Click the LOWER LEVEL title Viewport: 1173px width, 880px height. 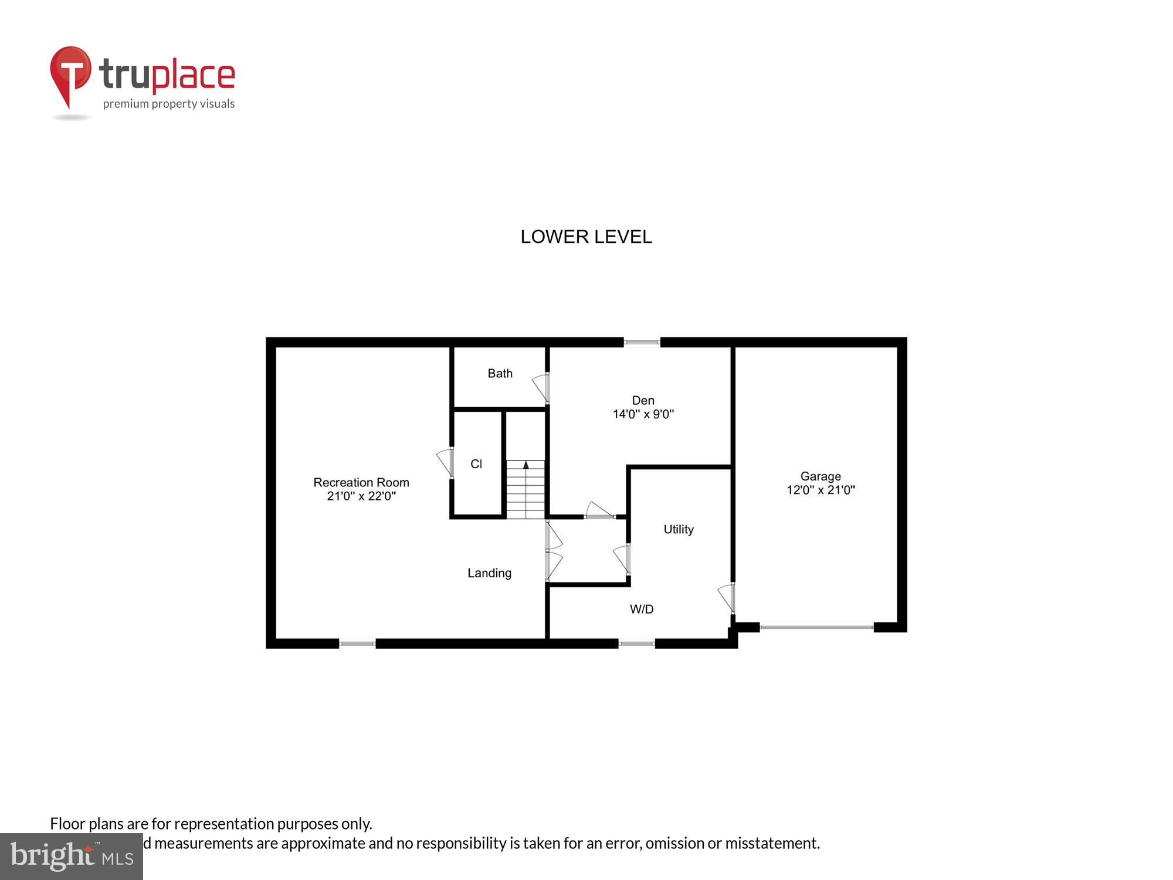(x=586, y=236)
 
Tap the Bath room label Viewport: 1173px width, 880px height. (x=500, y=374)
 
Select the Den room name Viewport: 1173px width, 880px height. (x=643, y=401)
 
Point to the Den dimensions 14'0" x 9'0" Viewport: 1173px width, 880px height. (x=643, y=414)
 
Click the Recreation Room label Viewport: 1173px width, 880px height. (x=361, y=482)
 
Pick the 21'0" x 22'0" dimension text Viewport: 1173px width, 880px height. (x=361, y=496)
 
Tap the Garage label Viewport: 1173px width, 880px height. (x=820, y=476)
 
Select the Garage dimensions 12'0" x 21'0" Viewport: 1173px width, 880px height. (x=820, y=490)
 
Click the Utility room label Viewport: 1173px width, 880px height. (x=678, y=529)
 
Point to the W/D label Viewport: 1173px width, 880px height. (x=641, y=609)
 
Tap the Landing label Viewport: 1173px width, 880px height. (x=489, y=573)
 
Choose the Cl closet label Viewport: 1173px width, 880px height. (x=476, y=464)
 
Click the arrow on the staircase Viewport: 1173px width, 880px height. (x=526, y=465)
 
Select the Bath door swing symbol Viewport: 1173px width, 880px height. (x=541, y=388)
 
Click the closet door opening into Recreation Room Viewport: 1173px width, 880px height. (x=445, y=462)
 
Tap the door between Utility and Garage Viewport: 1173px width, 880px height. (x=727, y=598)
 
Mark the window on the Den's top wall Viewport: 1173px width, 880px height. (x=641, y=342)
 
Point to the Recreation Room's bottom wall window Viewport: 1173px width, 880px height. (x=357, y=644)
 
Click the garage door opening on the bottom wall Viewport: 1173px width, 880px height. (x=816, y=627)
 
